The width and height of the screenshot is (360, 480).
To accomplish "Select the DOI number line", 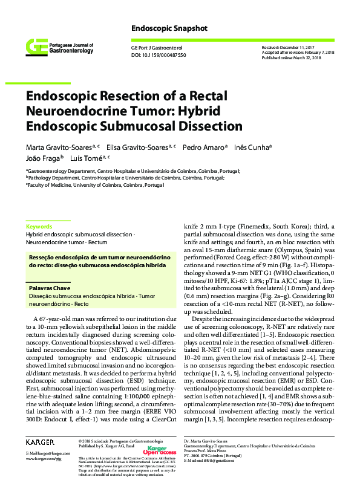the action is click(158, 55).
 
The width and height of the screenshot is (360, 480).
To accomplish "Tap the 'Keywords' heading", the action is click(39, 225).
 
